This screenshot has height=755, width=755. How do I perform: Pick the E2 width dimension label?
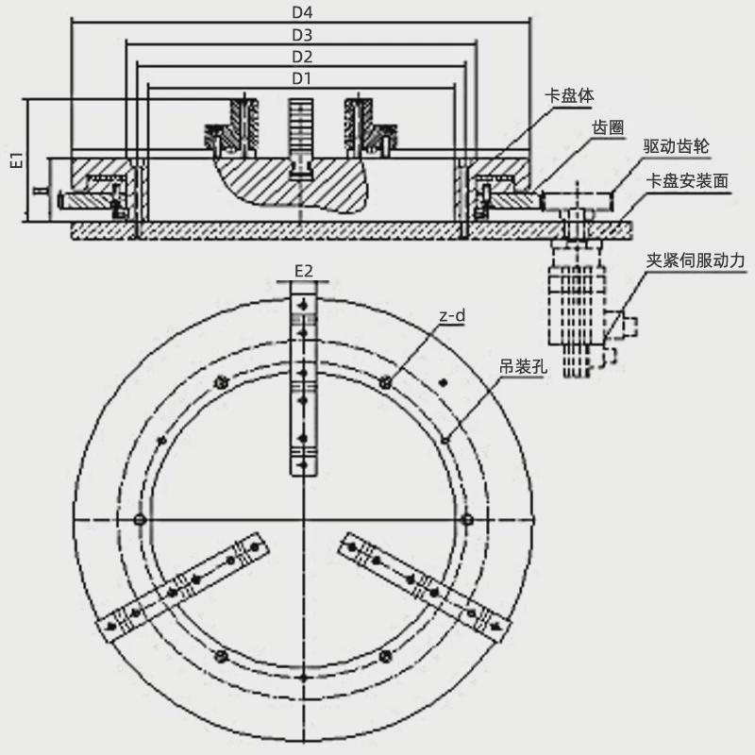coord(303,272)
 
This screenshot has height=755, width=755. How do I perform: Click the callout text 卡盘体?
coord(571,95)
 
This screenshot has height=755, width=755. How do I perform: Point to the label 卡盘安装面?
coord(687,179)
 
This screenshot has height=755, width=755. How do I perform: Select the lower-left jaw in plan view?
coord(184,587)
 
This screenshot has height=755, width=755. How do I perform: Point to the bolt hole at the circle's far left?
coord(140,522)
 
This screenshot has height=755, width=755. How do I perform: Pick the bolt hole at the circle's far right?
coord(467,522)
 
